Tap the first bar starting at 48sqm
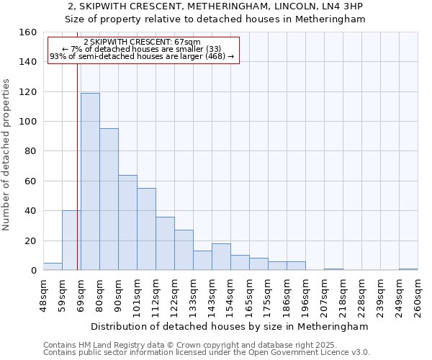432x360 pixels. point(53,266)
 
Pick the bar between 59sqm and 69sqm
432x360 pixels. point(71,240)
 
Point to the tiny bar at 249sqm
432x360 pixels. point(408,269)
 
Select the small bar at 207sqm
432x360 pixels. point(333,269)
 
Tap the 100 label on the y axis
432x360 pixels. point(29,122)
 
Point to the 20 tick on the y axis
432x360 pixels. point(32,241)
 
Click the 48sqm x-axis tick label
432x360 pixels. point(43,295)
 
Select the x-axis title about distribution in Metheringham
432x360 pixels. point(230,326)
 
